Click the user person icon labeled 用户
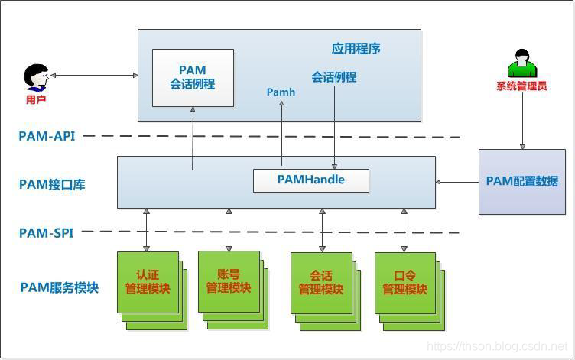pyautogui.click(x=35, y=77)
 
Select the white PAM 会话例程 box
pyautogui.click(x=193, y=78)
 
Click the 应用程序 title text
pyautogui.click(x=356, y=49)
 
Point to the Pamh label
pyautogui.click(x=281, y=92)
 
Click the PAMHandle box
pyautogui.click(x=310, y=180)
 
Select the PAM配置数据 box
pyautogui.click(x=522, y=182)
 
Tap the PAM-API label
pyautogui.click(x=47, y=136)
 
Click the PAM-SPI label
pyautogui.click(x=46, y=232)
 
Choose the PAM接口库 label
pyautogui.click(x=52, y=184)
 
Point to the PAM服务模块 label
pyautogui.click(x=60, y=287)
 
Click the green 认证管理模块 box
pyautogui.click(x=148, y=282)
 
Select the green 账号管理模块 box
pyautogui.click(x=229, y=281)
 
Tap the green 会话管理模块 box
pyautogui.click(x=321, y=283)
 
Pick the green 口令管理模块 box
pyautogui.click(x=404, y=283)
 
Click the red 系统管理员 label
pyautogui.click(x=521, y=86)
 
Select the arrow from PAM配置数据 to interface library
pyautogui.click(x=457, y=182)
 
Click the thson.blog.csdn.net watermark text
pyautogui.click(x=496, y=346)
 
